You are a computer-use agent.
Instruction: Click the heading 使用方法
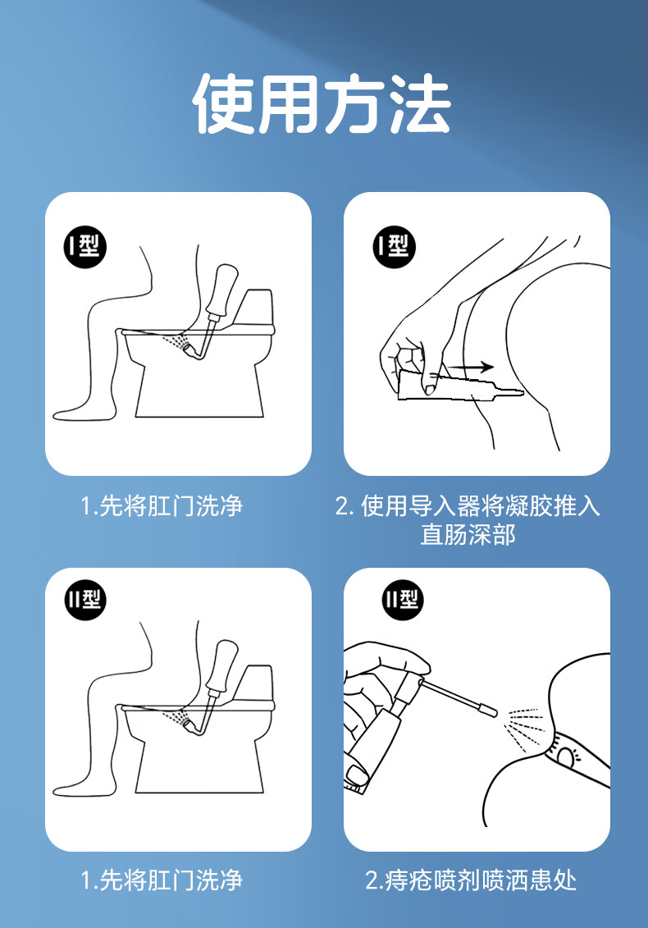pyautogui.click(x=322, y=103)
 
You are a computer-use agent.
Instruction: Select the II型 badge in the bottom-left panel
pyautogui.click(x=85, y=599)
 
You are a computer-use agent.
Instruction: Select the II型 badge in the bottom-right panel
pyautogui.click(x=403, y=599)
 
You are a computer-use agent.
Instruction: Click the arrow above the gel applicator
pyautogui.click(x=471, y=367)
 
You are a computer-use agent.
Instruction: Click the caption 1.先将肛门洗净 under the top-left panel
pyautogui.click(x=162, y=506)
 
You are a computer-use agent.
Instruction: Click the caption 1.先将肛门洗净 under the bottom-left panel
pyautogui.click(x=162, y=880)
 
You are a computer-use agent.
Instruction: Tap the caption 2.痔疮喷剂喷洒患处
pyautogui.click(x=471, y=880)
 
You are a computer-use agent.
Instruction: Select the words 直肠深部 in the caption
pyautogui.click(x=468, y=534)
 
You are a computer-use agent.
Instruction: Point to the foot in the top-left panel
pyautogui.click(x=77, y=413)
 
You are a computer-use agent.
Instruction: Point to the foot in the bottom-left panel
pyautogui.click(x=77, y=788)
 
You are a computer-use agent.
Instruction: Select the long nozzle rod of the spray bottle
pyautogui.click(x=457, y=697)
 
